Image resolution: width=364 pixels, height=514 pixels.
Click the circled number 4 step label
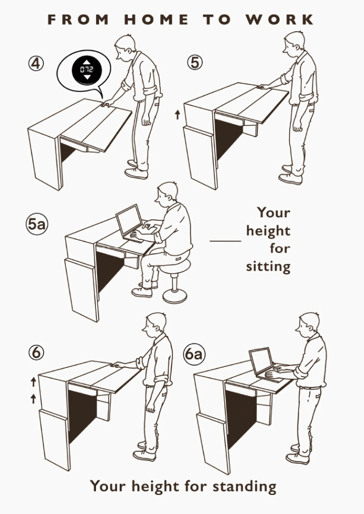click(36, 63)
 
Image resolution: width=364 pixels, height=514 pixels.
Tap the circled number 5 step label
click(195, 62)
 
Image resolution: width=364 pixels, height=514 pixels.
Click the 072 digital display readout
click(87, 69)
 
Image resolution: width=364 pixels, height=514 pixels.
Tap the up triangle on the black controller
click(87, 61)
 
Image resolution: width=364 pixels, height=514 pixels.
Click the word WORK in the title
click(280, 20)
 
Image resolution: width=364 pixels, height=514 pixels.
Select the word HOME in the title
click(157, 20)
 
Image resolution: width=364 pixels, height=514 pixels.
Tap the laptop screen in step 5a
click(129, 220)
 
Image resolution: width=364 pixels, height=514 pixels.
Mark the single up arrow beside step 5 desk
click(177, 115)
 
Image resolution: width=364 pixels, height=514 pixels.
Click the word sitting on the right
click(268, 267)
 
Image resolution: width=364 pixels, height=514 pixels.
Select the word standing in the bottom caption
click(244, 486)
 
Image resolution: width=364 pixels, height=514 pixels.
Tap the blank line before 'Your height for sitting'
click(225, 241)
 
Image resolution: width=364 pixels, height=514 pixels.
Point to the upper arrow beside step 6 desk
click(33, 382)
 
